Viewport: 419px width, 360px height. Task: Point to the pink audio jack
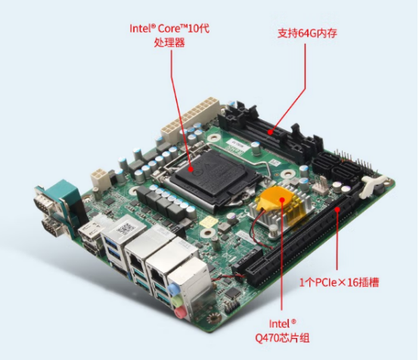[x=180, y=312]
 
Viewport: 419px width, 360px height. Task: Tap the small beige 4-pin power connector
[x=100, y=178]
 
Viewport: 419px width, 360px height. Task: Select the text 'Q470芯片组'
[x=282, y=338]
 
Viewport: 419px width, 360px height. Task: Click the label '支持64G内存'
[x=307, y=33]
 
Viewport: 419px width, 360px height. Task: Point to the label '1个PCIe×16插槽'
[x=339, y=282]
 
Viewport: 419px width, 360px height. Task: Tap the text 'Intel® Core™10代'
[x=169, y=28]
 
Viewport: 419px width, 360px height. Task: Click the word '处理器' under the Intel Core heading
[x=169, y=42]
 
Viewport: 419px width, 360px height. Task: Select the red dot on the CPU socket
[x=191, y=169]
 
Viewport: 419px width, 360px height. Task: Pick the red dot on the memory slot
[x=271, y=132]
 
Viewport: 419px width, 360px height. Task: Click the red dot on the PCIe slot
[x=337, y=209]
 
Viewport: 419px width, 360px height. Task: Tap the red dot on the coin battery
[x=282, y=200]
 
